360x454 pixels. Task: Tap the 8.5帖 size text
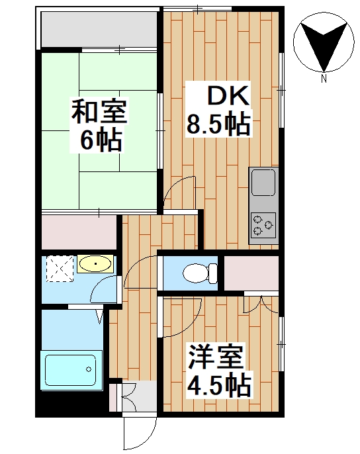pyautogui.click(x=219, y=124)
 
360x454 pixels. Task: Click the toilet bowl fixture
pyautogui.click(x=198, y=272)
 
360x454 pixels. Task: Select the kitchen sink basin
pyautogui.click(x=263, y=182)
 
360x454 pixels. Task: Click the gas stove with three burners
pyautogui.click(x=263, y=225)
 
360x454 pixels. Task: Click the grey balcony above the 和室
pyautogui.click(x=99, y=29)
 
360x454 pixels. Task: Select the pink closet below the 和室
pyautogui.click(x=79, y=231)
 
